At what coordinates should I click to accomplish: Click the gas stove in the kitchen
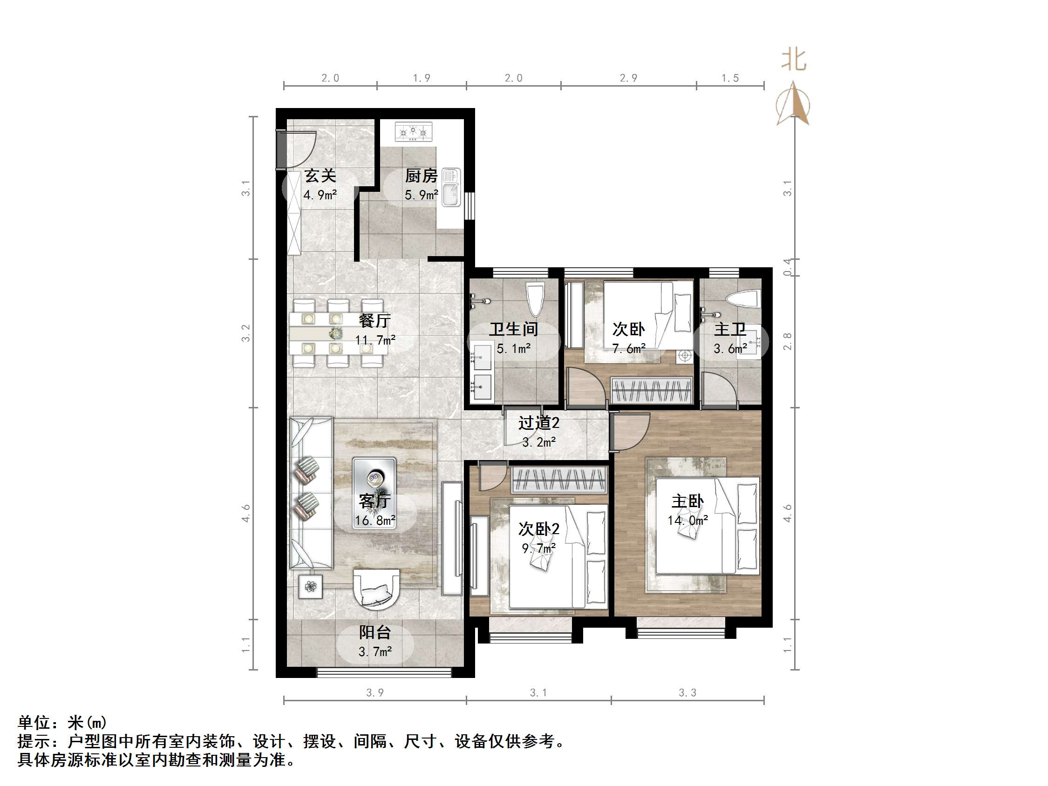click(414, 132)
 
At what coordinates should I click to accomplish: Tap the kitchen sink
click(451, 187)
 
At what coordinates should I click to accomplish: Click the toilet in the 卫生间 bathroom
click(535, 298)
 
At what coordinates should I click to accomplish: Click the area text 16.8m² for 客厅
click(375, 521)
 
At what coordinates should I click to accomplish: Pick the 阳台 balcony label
click(375, 632)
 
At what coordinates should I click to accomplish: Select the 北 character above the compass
click(794, 61)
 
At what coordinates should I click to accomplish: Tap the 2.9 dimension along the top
click(628, 78)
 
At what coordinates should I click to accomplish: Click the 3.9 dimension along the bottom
click(375, 693)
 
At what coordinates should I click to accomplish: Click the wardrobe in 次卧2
click(559, 480)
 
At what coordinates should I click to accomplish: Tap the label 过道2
click(539, 423)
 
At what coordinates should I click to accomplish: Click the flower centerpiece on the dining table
click(336, 333)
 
